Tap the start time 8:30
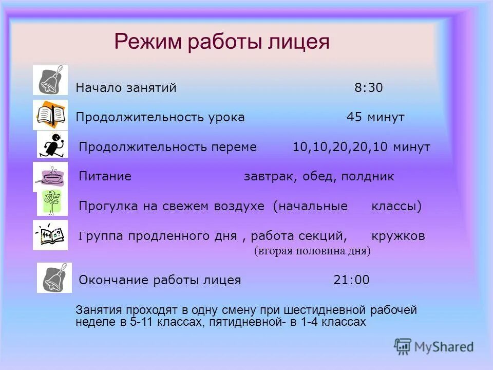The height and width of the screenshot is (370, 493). (x=368, y=88)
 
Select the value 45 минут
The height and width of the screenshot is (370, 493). (x=375, y=118)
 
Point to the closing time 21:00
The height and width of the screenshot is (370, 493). (x=351, y=280)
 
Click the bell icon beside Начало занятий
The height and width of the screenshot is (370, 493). (x=50, y=80)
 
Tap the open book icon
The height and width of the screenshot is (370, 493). (x=50, y=115)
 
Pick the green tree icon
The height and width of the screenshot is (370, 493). (x=52, y=202)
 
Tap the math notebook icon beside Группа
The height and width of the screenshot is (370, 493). (x=50, y=235)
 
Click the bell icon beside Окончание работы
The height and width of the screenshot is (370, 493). (x=54, y=277)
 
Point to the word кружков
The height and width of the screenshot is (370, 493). (x=398, y=236)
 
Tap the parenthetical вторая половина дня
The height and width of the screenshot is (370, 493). (x=312, y=251)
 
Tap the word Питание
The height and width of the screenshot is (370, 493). (x=105, y=177)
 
